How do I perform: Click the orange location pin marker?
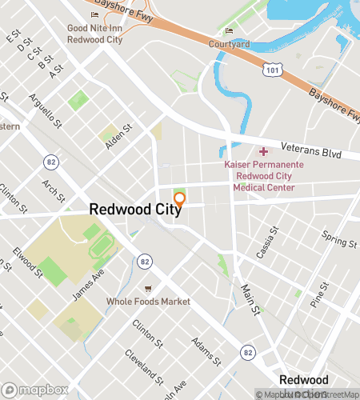179,199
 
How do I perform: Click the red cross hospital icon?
263,151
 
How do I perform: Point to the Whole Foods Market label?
148,302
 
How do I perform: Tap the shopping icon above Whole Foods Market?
148,288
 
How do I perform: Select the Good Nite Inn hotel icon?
96,14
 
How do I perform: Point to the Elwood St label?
28,262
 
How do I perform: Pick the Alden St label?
117,133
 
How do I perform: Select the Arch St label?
54,192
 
